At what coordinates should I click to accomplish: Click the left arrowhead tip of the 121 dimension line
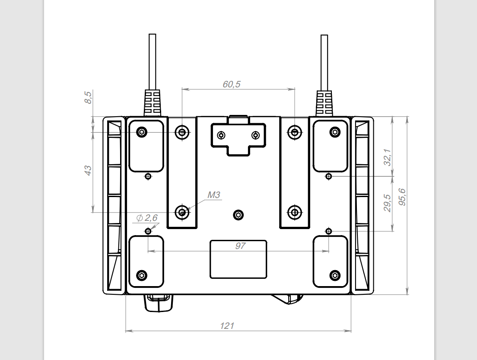coord(126,331)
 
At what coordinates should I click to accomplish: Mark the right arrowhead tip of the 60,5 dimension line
coord(295,89)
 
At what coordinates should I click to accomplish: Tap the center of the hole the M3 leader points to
coord(182,212)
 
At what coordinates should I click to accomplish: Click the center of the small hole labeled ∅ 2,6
coord(148,231)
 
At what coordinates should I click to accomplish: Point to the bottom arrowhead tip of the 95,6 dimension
coord(407,294)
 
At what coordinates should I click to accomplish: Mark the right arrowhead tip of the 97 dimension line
coord(328,251)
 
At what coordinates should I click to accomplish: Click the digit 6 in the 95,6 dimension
coord(402,191)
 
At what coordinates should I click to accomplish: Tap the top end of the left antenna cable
coord(153,35)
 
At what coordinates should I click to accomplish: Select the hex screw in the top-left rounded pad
coord(142,132)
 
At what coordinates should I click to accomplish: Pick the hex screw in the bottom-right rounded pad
coord(335,276)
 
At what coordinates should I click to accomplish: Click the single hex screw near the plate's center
coord(238,215)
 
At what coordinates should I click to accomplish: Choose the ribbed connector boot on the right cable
coord(324,103)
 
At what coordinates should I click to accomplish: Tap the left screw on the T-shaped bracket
coord(222,135)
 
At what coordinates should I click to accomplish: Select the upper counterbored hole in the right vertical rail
coord(295,132)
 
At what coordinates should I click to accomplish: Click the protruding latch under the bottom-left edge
coord(159,303)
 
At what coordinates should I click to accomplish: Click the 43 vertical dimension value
coord(88,170)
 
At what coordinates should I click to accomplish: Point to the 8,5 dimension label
coord(88,97)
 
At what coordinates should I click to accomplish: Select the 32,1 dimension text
coord(387,157)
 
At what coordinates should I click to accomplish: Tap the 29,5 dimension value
coord(387,203)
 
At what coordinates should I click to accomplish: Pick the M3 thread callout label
coord(213,195)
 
